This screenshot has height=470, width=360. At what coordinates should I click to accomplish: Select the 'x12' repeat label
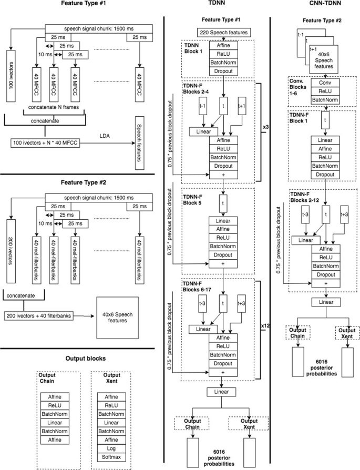(x=264, y=326)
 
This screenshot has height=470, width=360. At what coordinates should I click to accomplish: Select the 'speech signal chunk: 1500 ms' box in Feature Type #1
(x=100, y=30)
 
